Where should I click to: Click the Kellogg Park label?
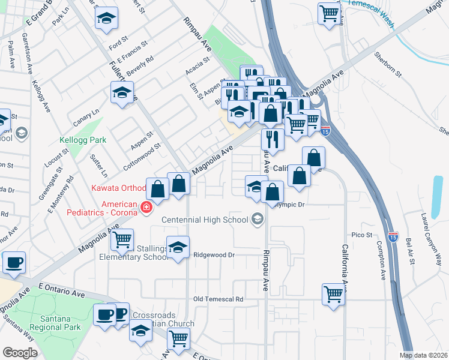tap(83, 140)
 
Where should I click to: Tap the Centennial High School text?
tap(205, 220)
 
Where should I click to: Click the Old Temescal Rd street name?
tap(218, 299)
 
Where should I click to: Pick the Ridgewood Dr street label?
tap(213, 255)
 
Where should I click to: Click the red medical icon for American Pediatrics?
tap(146, 208)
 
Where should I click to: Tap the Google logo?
tap(20, 352)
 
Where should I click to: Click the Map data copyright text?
tap(424, 355)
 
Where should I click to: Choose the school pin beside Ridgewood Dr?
tap(177, 248)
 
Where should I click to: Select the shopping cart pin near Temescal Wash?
tap(330, 13)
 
